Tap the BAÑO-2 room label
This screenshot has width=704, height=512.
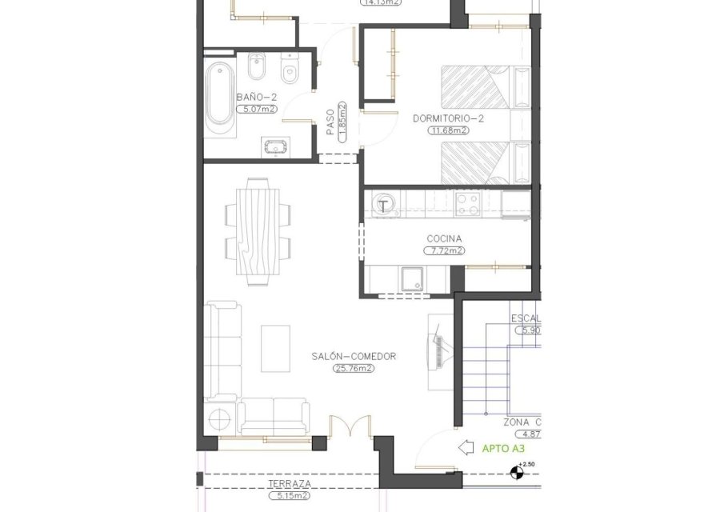[253, 98]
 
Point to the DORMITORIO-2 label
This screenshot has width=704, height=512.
[449, 118]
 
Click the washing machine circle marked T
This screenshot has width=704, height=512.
[384, 205]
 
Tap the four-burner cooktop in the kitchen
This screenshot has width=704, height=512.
[466, 204]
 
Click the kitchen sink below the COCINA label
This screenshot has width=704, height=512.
[413, 278]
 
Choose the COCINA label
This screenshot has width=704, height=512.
[444, 238]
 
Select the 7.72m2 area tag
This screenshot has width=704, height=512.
[444, 250]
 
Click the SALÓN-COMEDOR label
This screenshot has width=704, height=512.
[354, 357]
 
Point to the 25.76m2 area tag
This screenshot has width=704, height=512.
[354, 369]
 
